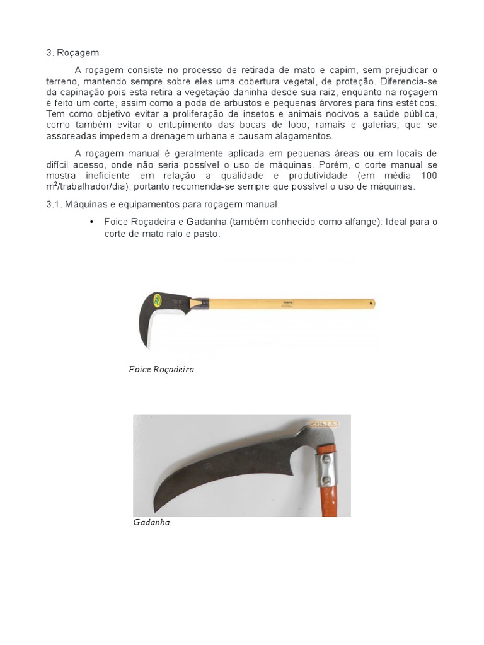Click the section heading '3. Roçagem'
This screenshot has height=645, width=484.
[x=72, y=53]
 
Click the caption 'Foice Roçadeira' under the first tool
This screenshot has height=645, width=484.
[x=161, y=370]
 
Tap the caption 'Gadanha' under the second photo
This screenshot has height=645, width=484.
[x=152, y=522]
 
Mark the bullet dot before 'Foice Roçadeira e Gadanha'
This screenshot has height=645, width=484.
[x=92, y=222]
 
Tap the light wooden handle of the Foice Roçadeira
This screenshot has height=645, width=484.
[x=290, y=304]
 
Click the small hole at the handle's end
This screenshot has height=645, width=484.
[x=371, y=304]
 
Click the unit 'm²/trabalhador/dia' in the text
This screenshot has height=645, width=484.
[x=86, y=186]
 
